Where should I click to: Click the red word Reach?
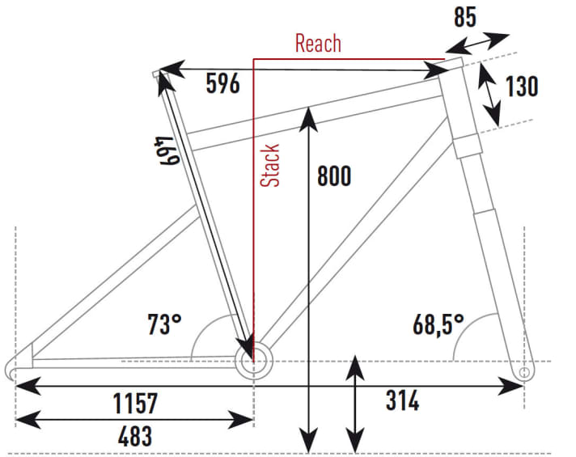pos(318,43)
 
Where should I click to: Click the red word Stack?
pos(271,165)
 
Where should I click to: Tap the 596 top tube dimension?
pos(222,83)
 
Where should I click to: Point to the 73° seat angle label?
pos(164,325)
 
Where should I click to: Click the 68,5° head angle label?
pos(438,325)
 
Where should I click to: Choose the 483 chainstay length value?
pos(134,436)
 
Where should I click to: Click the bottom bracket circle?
pos(252,362)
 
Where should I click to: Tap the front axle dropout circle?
pos(523,372)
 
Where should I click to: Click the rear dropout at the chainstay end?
pos(16,370)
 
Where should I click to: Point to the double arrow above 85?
pos(482,41)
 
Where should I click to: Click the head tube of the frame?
pos(460,106)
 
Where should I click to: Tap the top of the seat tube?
pos(159,75)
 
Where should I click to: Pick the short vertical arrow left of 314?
pos(353,405)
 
